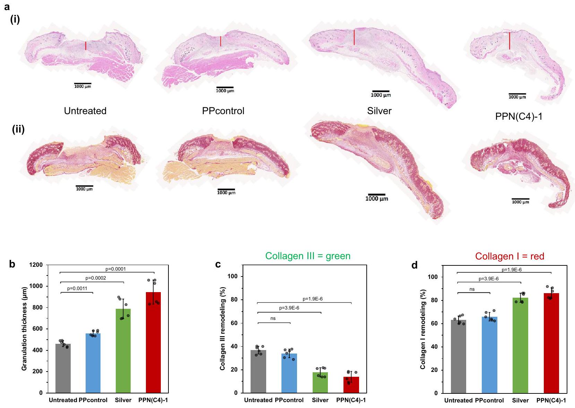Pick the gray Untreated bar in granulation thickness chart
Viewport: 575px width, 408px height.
pos(63,368)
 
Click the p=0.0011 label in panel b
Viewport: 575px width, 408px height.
pos(77,288)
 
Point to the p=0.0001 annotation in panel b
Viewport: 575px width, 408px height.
pos(115,269)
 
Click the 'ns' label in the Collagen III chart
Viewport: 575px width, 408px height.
pos(273,318)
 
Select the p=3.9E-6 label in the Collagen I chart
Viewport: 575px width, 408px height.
pos(488,279)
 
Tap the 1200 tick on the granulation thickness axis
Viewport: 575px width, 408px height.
pos(36,265)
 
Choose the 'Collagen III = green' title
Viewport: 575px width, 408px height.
pos(308,256)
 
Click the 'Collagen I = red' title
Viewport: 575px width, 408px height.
pos(509,256)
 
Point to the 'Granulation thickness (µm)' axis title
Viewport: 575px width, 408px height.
pos(24,329)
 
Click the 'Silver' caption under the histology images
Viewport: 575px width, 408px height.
pos(379,111)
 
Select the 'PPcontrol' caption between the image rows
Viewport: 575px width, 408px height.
pos(223,111)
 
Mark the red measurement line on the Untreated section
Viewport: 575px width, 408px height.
pos(86,45)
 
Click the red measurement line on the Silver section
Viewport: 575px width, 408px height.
pos(354,37)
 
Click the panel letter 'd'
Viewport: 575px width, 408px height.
pos(414,265)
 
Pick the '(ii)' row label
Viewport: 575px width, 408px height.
pos(18,129)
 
